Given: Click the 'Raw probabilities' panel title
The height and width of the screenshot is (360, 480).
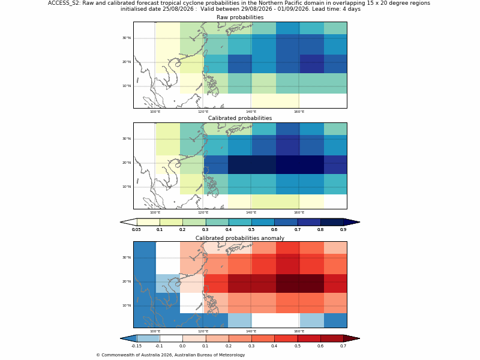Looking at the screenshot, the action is [x=240, y=17].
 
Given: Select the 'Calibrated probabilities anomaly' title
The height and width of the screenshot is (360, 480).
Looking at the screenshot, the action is [x=240, y=238].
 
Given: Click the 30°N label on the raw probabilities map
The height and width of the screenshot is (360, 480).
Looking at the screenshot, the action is [x=127, y=38].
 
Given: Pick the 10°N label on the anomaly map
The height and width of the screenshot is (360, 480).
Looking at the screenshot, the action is [x=127, y=305].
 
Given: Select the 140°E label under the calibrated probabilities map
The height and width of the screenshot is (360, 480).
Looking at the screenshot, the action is [x=251, y=212].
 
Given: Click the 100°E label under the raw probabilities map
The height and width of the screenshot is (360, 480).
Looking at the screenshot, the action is [x=155, y=112].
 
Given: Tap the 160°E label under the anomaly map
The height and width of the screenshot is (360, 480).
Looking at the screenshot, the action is [x=299, y=331].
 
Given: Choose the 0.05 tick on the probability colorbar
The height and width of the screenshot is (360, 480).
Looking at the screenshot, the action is [x=136, y=230].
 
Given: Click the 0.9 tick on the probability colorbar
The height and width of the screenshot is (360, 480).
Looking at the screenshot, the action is [x=343, y=230].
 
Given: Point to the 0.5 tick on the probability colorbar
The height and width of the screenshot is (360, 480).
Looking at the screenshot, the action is [x=251, y=230].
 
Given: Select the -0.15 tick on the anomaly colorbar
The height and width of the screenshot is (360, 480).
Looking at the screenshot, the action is [x=136, y=346].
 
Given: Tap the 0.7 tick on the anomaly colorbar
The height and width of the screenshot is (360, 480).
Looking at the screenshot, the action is [x=343, y=346].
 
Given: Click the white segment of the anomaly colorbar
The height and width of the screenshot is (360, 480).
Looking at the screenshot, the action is [x=171, y=338].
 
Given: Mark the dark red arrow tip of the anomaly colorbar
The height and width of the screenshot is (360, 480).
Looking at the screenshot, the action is [x=359, y=338].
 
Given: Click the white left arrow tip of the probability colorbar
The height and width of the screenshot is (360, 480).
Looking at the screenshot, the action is [x=121, y=222].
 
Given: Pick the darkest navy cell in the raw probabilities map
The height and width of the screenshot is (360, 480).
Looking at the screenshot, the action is [x=311, y=64].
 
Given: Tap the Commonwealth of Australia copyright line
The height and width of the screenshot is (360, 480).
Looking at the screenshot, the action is [x=170, y=355].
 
